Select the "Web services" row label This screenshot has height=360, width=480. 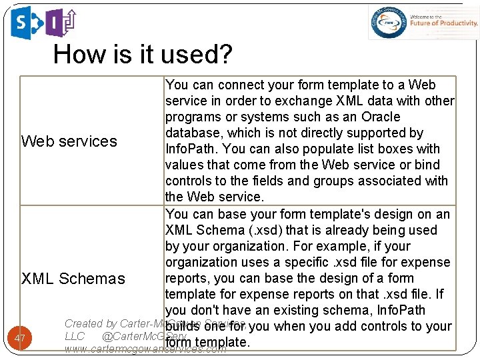click(69, 141)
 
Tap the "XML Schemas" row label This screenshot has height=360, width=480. click(73, 279)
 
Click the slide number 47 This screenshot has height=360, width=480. click(20, 339)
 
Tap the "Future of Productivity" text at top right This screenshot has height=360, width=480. click(444, 23)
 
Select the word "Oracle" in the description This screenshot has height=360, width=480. click(380, 117)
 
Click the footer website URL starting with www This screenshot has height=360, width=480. click(145, 349)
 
